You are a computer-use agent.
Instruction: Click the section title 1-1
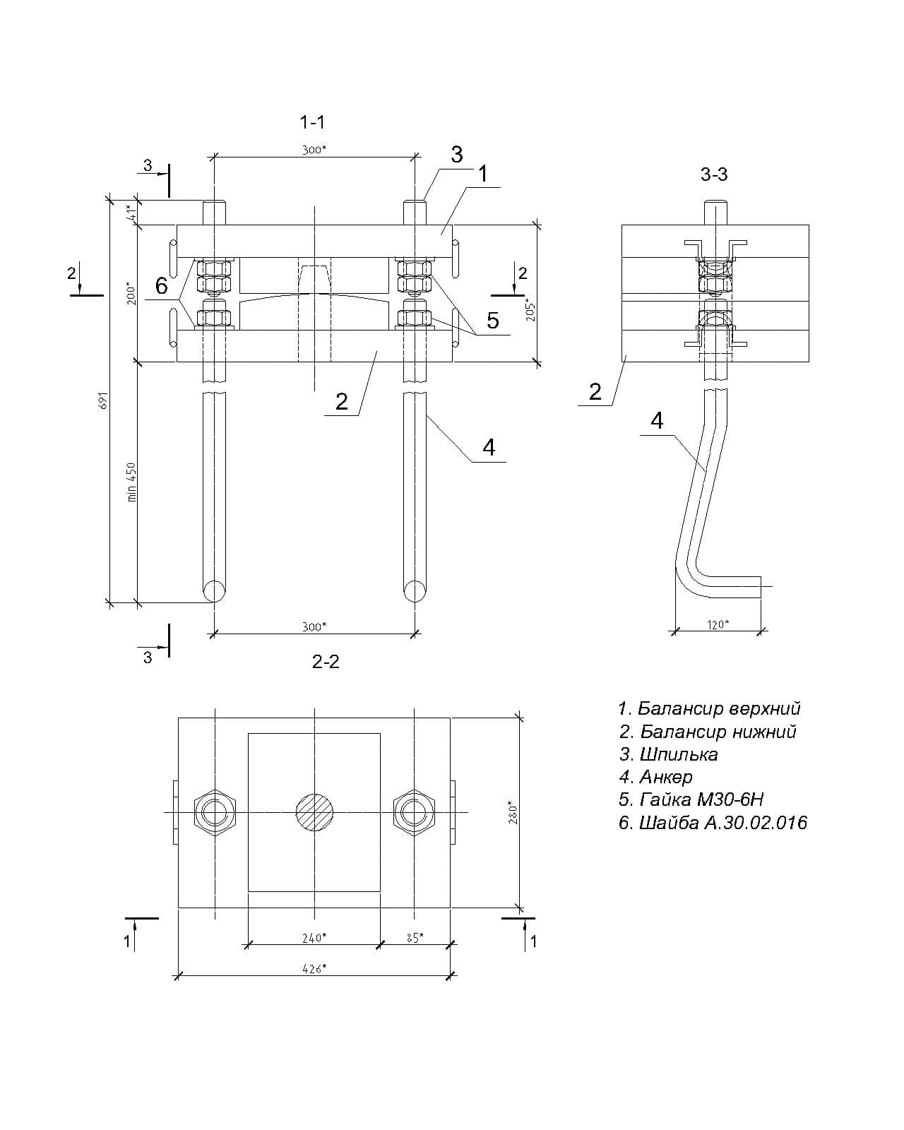pyautogui.click(x=312, y=122)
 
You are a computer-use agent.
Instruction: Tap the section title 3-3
pyautogui.click(x=714, y=174)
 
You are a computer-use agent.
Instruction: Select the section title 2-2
pyautogui.click(x=326, y=662)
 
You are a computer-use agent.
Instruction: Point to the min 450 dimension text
pyautogui.click(x=131, y=482)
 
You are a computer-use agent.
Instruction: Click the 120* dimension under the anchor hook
pyautogui.click(x=718, y=624)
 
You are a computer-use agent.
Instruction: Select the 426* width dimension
pyautogui.click(x=313, y=968)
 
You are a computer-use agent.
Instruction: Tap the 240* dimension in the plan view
pyautogui.click(x=313, y=937)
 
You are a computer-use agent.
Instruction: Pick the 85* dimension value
pyautogui.click(x=415, y=937)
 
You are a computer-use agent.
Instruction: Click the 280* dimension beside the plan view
pyautogui.click(x=514, y=813)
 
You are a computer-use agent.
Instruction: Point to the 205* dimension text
pyautogui.click(x=530, y=309)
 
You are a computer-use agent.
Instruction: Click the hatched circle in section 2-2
pyautogui.click(x=314, y=813)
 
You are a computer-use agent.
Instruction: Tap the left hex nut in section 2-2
pyautogui.click(x=215, y=813)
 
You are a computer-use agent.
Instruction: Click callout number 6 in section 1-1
pyautogui.click(x=162, y=286)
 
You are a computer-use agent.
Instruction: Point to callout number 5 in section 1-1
pyautogui.click(x=492, y=321)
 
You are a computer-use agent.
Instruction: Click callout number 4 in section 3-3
pyautogui.click(x=657, y=421)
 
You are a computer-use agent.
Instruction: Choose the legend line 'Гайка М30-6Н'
pyautogui.click(x=691, y=799)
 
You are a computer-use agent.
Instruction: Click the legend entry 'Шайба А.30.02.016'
pyautogui.click(x=713, y=822)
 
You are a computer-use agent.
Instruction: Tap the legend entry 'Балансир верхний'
pyautogui.click(x=709, y=708)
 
